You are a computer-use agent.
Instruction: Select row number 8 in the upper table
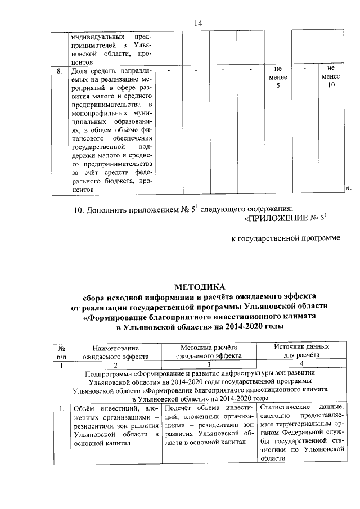coord(60,71)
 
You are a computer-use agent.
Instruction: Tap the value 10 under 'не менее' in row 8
coord(332,85)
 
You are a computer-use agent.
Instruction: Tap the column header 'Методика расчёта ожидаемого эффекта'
coord(208,352)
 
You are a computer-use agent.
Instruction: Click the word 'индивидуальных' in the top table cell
coord(97,35)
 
